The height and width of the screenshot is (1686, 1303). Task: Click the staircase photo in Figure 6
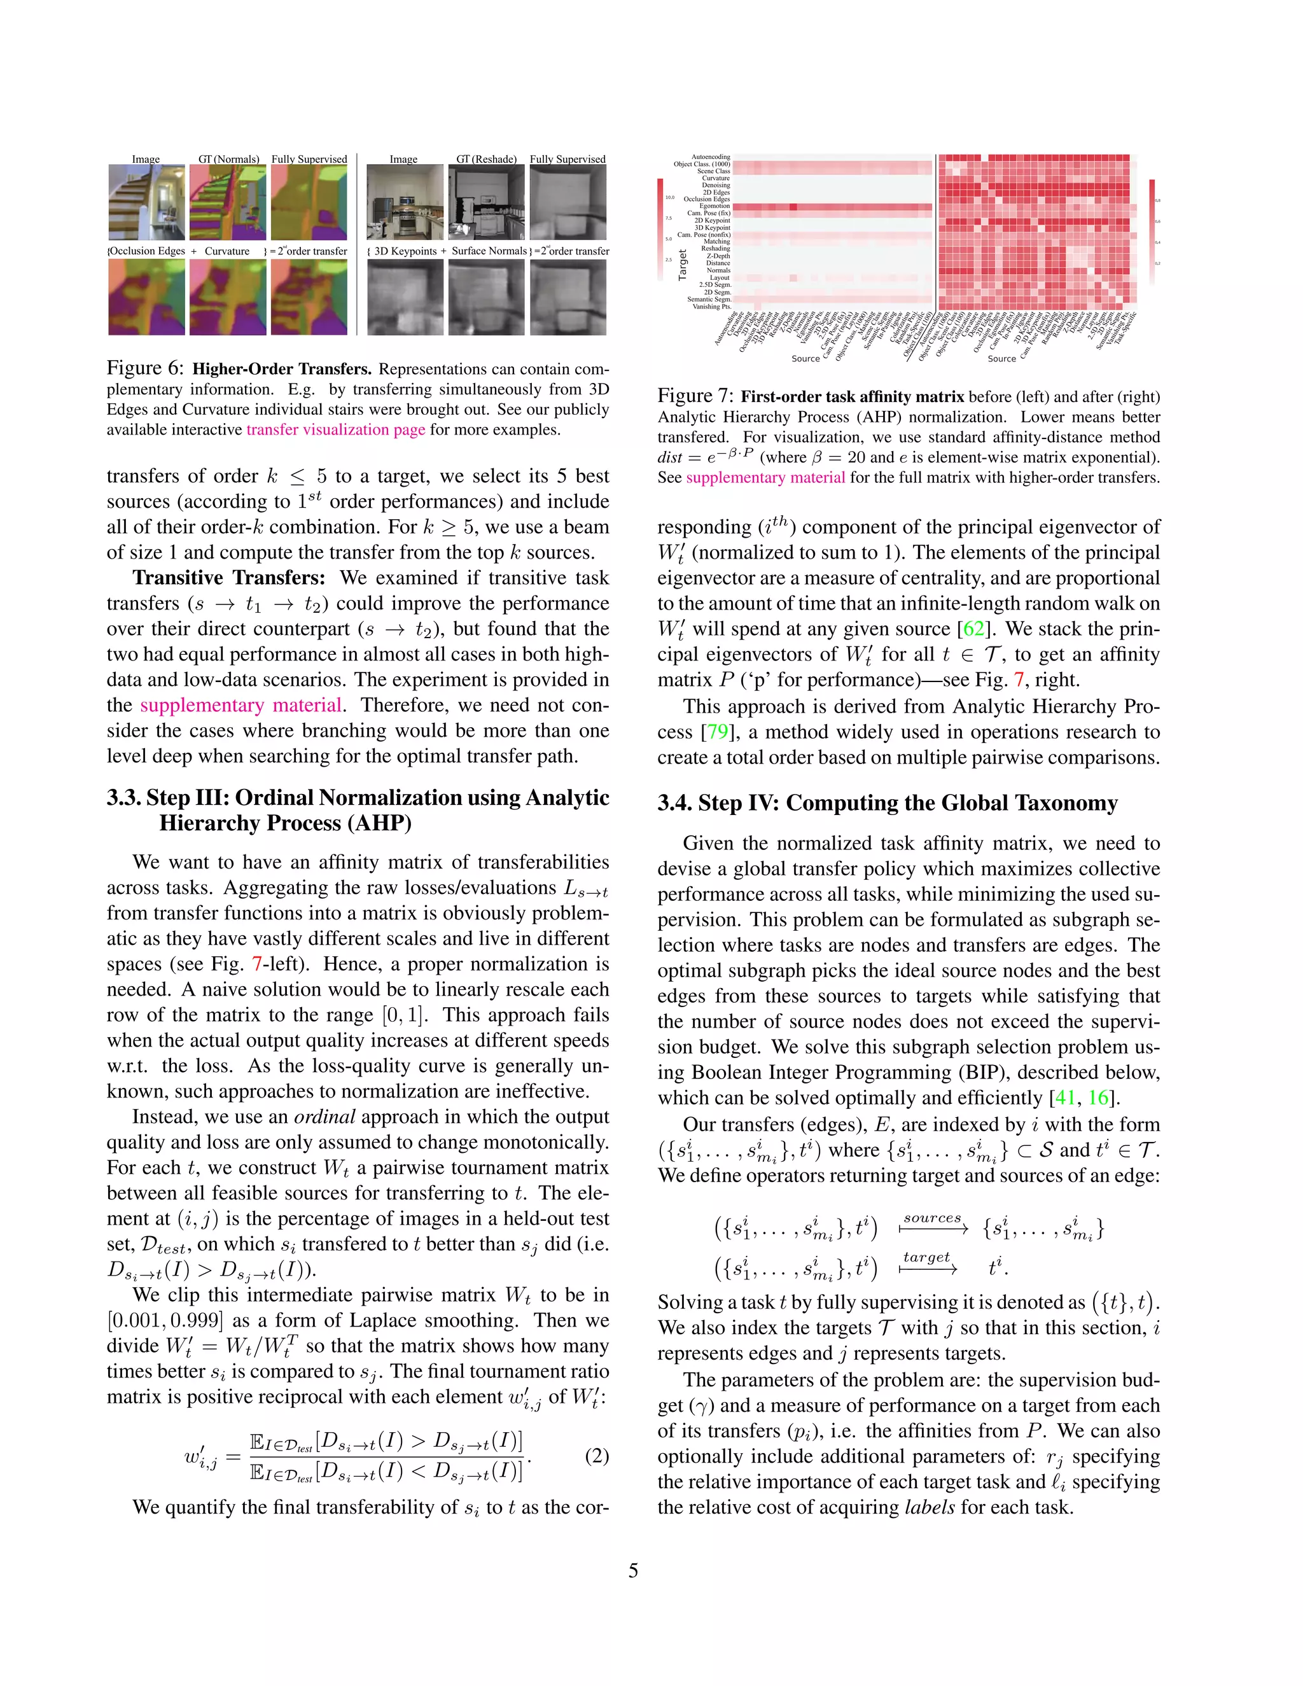coord(146,202)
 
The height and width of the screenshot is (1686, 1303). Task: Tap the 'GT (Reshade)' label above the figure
coord(486,159)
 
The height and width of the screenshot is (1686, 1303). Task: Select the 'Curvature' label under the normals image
coord(227,251)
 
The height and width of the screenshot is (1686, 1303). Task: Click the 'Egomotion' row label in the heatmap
coord(714,206)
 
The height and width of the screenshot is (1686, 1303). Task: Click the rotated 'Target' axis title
coord(683,265)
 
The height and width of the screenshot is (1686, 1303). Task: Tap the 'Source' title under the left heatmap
coord(805,358)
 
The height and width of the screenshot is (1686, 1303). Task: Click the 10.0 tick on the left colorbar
coord(669,198)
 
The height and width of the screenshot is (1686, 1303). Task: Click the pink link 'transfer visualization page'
coord(336,430)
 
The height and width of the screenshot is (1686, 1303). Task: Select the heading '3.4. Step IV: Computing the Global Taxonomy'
coord(887,803)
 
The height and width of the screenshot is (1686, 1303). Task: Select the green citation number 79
coord(717,732)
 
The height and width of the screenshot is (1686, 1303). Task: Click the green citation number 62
coord(973,629)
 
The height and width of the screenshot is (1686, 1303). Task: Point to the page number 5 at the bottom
coord(633,1570)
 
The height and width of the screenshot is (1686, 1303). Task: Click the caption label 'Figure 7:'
coord(695,396)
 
